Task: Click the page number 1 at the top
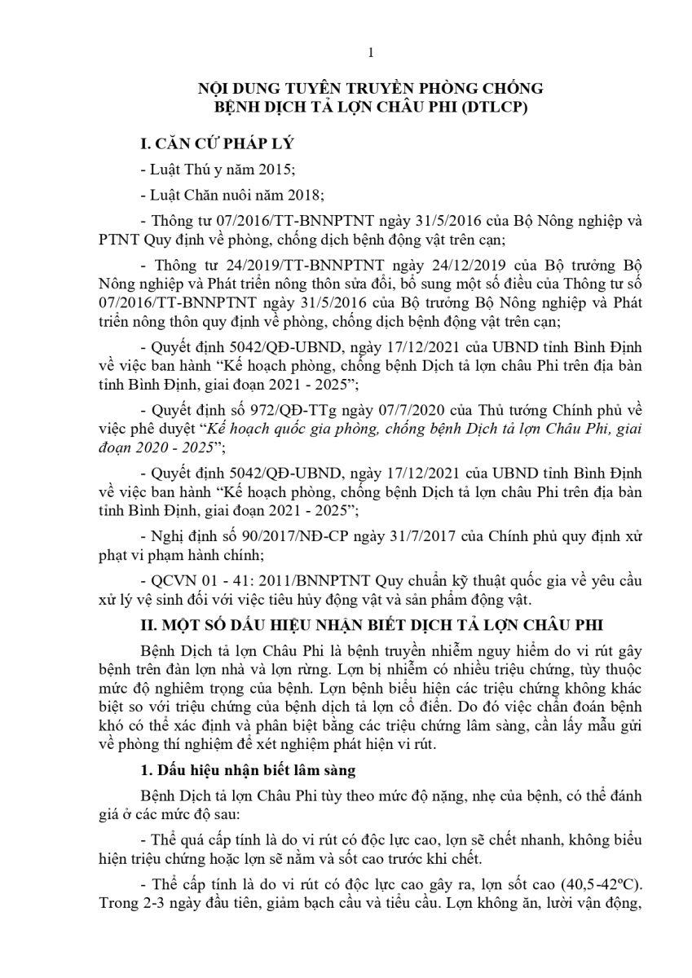[371, 54]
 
